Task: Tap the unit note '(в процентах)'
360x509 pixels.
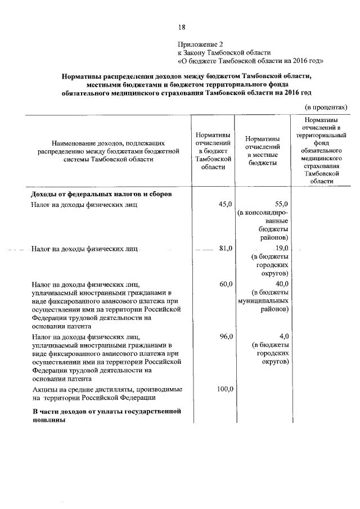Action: tap(326, 107)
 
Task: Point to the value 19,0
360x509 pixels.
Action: tap(281, 248)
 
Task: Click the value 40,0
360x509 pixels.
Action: tap(281, 283)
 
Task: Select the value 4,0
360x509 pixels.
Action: tap(283, 336)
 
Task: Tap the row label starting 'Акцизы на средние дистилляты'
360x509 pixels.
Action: tap(106, 393)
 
